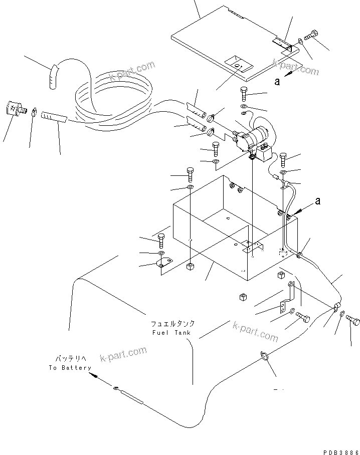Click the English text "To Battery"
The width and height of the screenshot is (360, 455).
click(x=70, y=368)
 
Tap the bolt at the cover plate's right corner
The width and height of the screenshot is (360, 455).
click(x=310, y=36)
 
